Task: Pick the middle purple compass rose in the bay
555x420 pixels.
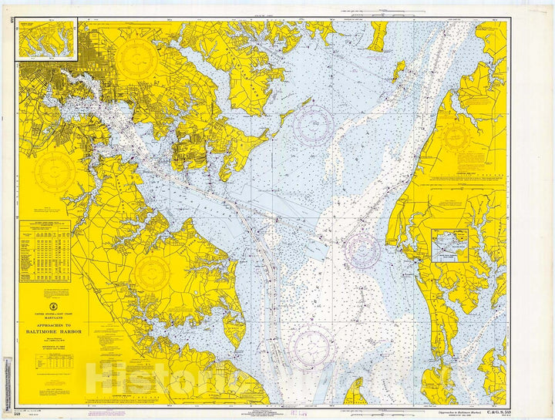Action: tap(362, 250)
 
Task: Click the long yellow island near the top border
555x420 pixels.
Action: tap(378, 35)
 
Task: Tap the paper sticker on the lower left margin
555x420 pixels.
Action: tap(8, 378)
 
